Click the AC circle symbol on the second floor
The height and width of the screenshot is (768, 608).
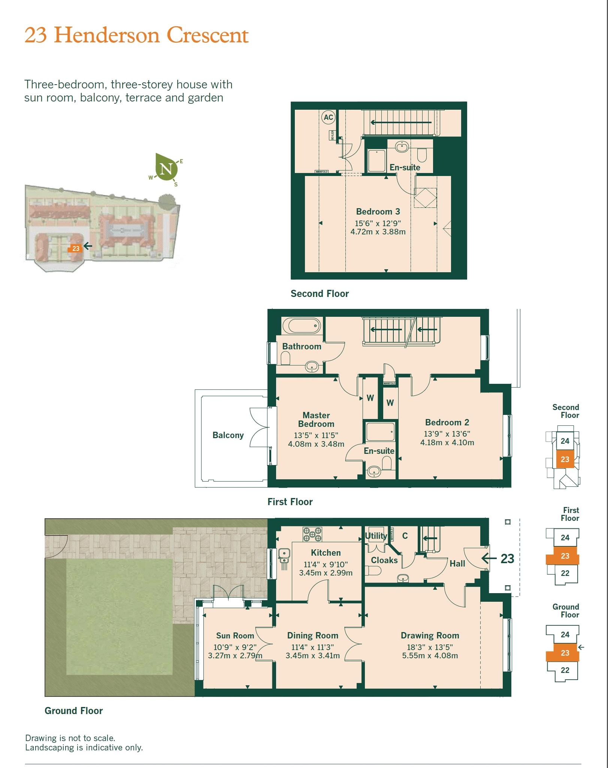point(328,117)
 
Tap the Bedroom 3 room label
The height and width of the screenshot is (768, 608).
point(378,212)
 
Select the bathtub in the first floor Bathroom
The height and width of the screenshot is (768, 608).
point(302,326)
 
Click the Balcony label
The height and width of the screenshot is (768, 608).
point(228,435)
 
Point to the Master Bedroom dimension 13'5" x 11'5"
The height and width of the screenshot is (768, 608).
point(316,435)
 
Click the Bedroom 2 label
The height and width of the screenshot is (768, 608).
point(447,422)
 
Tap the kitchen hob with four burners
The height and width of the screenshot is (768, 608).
point(312,534)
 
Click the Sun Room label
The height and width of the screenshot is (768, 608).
point(235,635)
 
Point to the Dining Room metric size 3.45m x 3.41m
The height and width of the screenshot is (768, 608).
point(312,656)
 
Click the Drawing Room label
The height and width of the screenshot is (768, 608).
point(430,635)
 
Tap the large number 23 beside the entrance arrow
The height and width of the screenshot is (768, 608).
point(507,559)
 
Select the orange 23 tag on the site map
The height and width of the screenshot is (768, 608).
point(76,248)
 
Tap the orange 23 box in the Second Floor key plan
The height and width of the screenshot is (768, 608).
point(565,459)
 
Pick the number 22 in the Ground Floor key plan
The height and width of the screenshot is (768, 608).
point(565,670)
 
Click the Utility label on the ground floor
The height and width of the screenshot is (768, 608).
point(376,536)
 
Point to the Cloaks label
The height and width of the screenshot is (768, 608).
point(384,560)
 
